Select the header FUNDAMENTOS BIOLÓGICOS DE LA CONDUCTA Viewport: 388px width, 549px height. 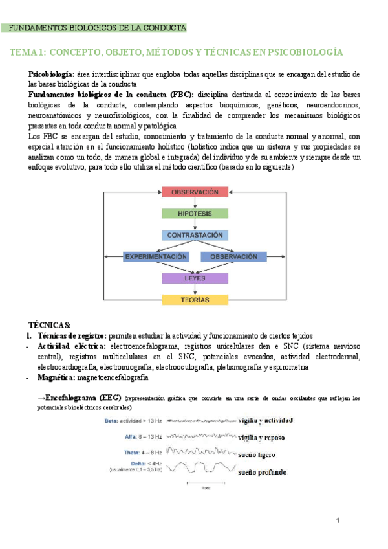tap(99, 28)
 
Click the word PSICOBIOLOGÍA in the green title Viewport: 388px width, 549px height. tap(304, 52)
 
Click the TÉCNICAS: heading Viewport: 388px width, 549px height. tap(50, 324)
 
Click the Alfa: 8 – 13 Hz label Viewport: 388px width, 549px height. tap(138, 437)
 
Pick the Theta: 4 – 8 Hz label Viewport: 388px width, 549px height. tap(139, 452)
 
